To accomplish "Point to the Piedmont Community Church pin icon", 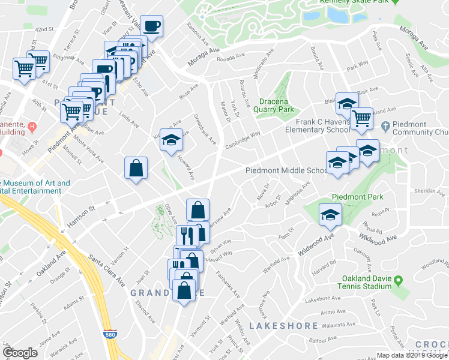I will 385,125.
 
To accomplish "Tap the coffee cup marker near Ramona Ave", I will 151,26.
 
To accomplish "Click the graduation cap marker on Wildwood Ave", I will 330,214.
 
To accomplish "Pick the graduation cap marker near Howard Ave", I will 171,139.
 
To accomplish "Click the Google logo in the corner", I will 20,353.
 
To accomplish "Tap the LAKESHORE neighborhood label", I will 283,326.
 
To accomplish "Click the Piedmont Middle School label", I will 286,170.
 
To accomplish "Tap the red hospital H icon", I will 32,127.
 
